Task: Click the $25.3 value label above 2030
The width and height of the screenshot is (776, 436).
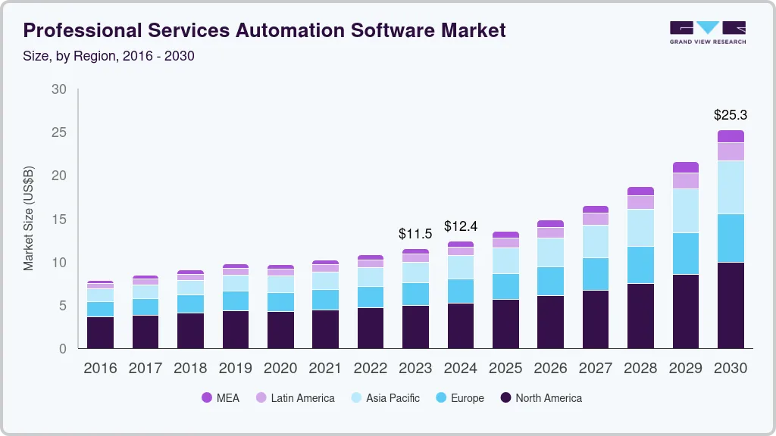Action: point(731,115)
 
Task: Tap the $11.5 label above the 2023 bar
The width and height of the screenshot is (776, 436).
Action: point(415,234)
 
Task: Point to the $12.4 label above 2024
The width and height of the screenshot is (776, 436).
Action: point(460,226)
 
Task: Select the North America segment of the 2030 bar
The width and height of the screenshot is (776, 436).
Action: point(731,305)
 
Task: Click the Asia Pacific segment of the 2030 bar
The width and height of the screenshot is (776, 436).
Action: point(731,187)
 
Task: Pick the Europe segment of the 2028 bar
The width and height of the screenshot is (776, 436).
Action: point(640,264)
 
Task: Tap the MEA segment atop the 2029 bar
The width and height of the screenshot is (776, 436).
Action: point(686,167)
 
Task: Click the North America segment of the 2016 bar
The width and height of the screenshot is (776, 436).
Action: point(100,332)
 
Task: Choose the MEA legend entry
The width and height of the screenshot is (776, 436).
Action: point(220,397)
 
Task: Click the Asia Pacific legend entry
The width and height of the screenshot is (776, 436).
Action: point(384,397)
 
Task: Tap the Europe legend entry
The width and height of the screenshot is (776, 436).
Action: point(459,397)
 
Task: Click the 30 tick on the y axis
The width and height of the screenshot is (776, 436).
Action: point(59,89)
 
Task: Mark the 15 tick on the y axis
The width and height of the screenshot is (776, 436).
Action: point(59,220)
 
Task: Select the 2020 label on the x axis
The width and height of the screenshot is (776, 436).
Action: point(280,368)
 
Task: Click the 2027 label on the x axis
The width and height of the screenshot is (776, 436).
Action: point(596,368)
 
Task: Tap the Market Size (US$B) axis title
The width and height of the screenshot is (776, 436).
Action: point(29,219)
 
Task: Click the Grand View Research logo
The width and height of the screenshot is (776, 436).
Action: point(707,32)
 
